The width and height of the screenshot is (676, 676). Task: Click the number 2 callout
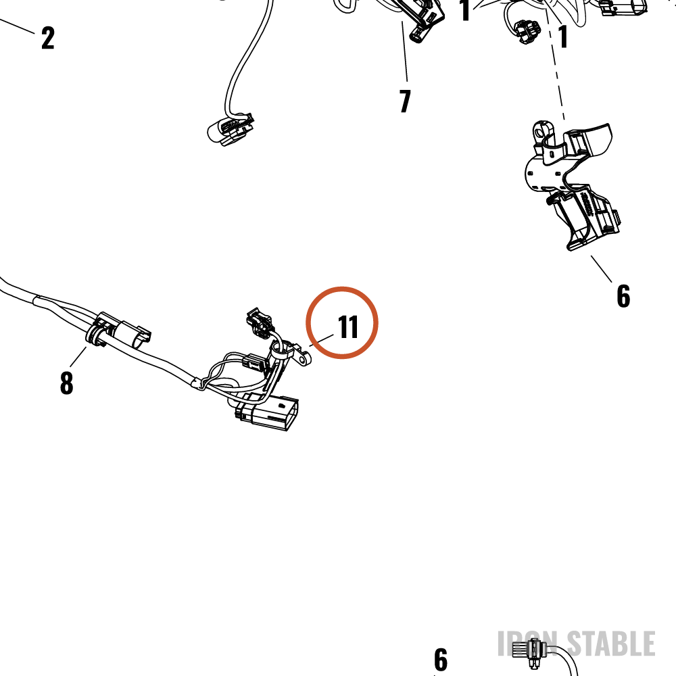click(48, 38)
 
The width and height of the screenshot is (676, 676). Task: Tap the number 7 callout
click(405, 101)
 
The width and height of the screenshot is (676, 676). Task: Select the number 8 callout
click(66, 383)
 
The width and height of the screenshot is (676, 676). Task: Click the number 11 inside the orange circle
click(348, 327)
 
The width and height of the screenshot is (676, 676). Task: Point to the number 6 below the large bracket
click(623, 296)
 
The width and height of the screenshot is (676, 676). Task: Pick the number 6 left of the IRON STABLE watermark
click(441, 659)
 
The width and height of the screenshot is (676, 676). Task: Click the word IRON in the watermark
click(527, 644)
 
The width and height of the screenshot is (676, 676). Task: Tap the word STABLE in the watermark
click(611, 644)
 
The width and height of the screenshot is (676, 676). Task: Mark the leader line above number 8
click(78, 356)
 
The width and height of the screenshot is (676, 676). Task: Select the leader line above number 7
click(405, 51)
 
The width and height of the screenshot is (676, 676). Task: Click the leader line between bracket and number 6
click(602, 269)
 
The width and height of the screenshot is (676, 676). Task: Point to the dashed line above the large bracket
click(555, 65)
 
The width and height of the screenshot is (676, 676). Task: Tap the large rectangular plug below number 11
click(267, 412)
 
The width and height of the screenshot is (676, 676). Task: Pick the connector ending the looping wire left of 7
click(230, 129)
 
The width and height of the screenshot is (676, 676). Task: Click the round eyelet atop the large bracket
click(541, 131)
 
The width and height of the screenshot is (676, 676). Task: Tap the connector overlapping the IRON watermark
click(529, 652)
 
